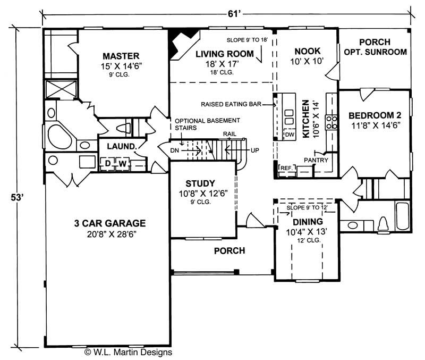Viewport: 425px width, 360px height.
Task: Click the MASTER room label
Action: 121,56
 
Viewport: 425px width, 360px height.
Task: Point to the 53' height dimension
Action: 18,197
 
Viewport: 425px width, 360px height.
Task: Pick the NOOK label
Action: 307,51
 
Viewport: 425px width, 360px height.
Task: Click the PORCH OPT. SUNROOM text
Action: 375,47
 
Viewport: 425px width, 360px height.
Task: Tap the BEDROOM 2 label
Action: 375,115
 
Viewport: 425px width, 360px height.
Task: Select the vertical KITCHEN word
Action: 305,119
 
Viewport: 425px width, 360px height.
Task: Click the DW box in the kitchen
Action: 290,135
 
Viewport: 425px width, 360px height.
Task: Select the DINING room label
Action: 308,222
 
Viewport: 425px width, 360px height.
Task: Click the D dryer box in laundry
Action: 108,163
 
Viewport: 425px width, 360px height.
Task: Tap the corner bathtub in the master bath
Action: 57,136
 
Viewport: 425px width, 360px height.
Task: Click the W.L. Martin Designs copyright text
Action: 128,351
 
